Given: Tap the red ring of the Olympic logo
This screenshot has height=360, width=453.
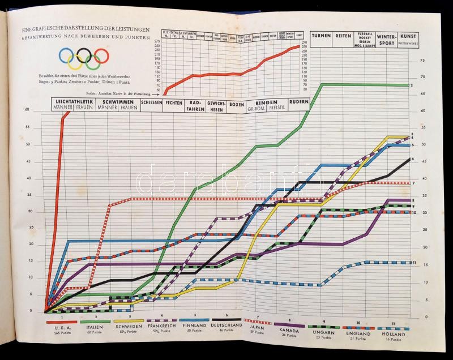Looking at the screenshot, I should click(101, 55).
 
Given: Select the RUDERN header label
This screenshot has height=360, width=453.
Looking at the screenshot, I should click(298, 102).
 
